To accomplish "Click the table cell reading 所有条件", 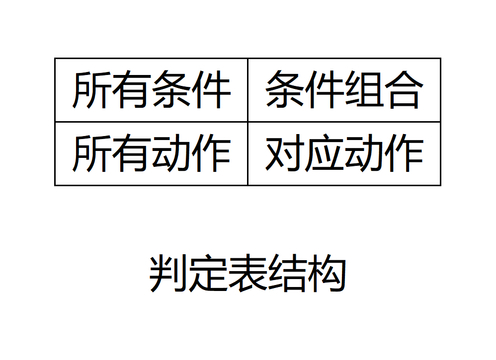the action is (x=151, y=90).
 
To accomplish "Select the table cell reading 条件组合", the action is (x=344, y=90).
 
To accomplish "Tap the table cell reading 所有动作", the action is (x=151, y=153).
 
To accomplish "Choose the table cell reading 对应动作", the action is (x=344, y=153).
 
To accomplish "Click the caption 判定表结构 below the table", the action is (x=248, y=274).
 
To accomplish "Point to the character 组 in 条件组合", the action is (x=364, y=90).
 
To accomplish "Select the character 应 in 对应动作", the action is (x=324, y=153).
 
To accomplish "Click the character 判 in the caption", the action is (x=168, y=274).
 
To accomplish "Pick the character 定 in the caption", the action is (x=208, y=274).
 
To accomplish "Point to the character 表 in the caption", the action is (x=248, y=274).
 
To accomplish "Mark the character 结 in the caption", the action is (x=287, y=274).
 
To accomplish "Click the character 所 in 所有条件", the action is (x=92, y=90).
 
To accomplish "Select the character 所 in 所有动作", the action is (x=92, y=153).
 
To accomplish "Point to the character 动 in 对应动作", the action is (x=364, y=153).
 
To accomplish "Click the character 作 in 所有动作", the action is (x=211, y=153).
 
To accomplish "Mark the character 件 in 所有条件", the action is (x=211, y=90).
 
